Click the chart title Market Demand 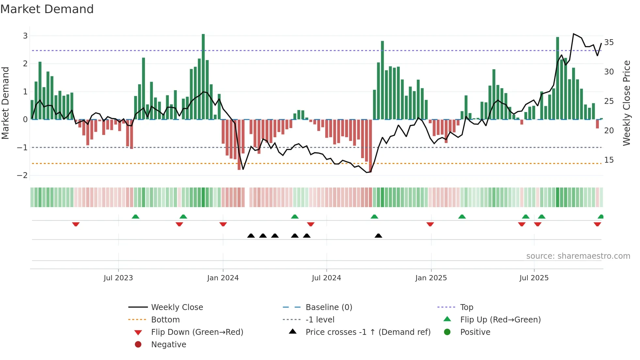pyautogui.click(x=47, y=9)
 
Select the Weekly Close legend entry pyautogui.click(x=177, y=307)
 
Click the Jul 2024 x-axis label pyautogui.click(x=326, y=278)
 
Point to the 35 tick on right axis pyautogui.click(x=609, y=42)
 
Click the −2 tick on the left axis pyautogui.click(x=23, y=175)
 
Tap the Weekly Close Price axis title pyautogui.click(x=626, y=103)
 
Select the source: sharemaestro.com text pyautogui.click(x=578, y=256)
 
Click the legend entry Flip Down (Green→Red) pyautogui.click(x=197, y=332)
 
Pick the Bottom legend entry pyautogui.click(x=165, y=320)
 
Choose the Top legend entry pyautogui.click(x=466, y=307)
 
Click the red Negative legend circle pyautogui.click(x=138, y=345)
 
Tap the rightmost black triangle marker pyautogui.click(x=378, y=236)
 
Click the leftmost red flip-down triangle pyautogui.click(x=76, y=224)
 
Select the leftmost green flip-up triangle pyautogui.click(x=136, y=217)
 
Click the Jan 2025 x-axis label pyautogui.click(x=431, y=278)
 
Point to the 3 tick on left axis pyautogui.click(x=25, y=36)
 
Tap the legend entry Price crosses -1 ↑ pyautogui.click(x=368, y=332)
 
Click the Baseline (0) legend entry pyautogui.click(x=328, y=307)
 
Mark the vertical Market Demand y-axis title pyautogui.click(x=5, y=103)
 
